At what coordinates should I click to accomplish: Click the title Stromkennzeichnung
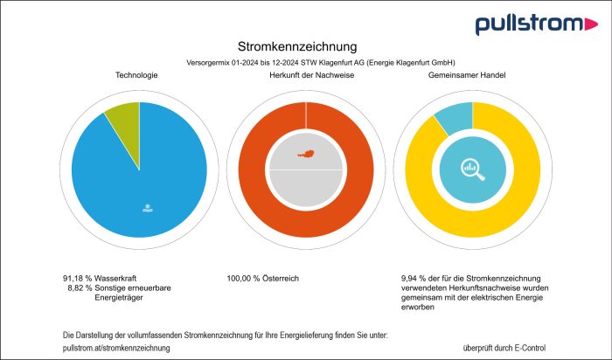[x=297, y=45]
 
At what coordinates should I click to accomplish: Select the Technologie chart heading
[x=136, y=76]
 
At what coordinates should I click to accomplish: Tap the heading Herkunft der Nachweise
[x=306, y=76]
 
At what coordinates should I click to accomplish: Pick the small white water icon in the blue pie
[x=148, y=208]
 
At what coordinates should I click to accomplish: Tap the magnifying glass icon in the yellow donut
[x=473, y=170]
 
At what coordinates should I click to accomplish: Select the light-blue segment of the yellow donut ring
[x=455, y=119]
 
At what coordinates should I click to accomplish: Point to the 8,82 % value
[x=80, y=287]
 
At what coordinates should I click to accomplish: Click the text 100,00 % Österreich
[x=262, y=278]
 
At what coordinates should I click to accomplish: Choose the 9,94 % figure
[x=413, y=278]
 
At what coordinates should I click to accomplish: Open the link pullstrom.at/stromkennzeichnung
[x=117, y=348]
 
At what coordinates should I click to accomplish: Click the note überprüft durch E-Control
[x=504, y=348]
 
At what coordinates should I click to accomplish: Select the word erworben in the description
[x=416, y=308]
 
